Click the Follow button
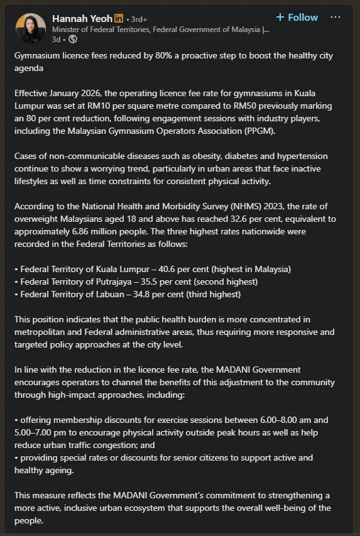(297, 17)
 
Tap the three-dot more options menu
(335, 17)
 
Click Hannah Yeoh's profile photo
(31, 28)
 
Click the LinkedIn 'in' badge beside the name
(119, 18)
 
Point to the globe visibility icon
(72, 39)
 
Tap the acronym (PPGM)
(272, 130)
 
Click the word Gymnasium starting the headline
(41, 56)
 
